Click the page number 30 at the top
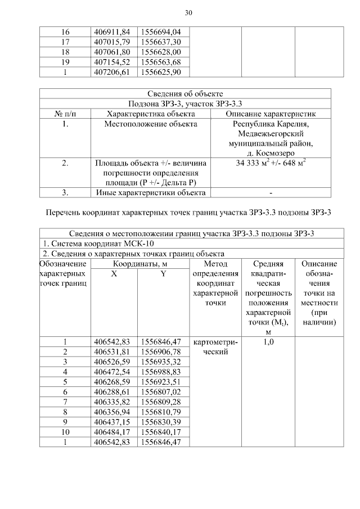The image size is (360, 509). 188,12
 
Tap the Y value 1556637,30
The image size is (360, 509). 161,42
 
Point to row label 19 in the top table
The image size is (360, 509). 65,62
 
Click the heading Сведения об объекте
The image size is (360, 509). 185,93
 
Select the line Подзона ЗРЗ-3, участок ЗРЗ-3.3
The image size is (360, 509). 185,103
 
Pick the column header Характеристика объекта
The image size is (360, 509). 150,114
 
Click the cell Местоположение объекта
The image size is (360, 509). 150,124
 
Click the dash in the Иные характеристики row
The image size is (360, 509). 271,193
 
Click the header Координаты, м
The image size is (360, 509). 139,264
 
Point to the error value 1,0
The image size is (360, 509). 268,341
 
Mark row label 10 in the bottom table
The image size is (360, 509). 65,433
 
